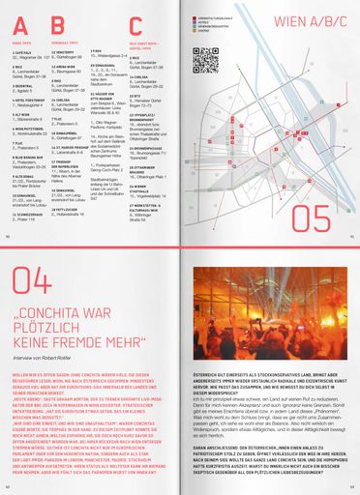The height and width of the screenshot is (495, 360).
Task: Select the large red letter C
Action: pos(135,26)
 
